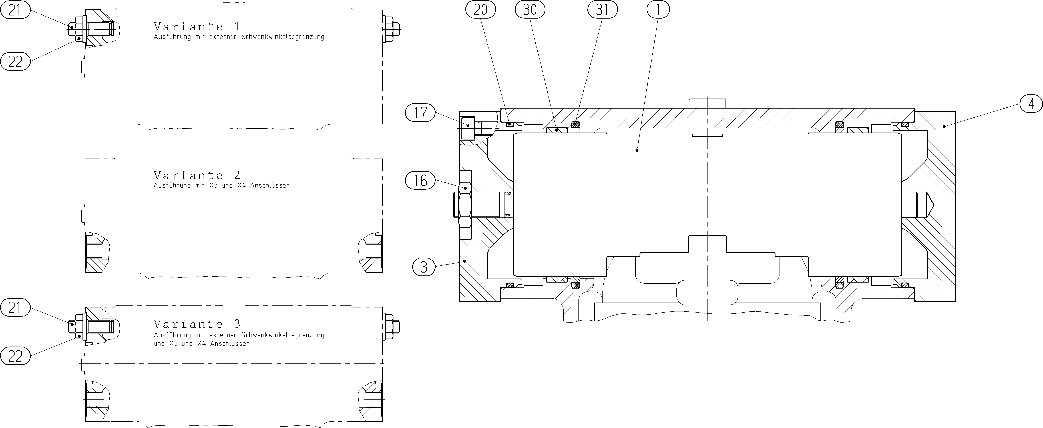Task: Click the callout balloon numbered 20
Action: tap(481, 9)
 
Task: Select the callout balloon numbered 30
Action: tap(530, 9)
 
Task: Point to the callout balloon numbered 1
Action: tap(658, 9)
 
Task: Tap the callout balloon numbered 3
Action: tap(424, 267)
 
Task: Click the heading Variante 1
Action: tap(197, 27)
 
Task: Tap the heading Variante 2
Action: tap(197, 175)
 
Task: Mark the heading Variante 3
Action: tap(197, 324)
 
